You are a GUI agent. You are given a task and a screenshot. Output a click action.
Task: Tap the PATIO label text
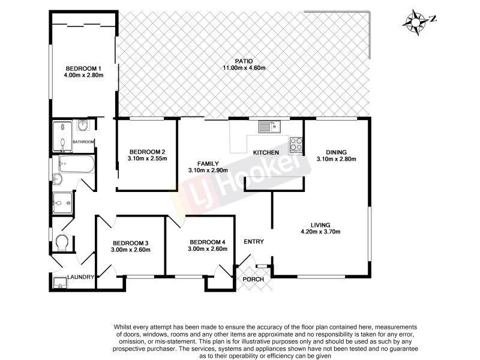(x=244, y=61)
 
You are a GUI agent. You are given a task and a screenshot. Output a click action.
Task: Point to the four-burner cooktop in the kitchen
(x=296, y=144)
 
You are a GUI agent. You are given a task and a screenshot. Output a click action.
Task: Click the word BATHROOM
(x=83, y=142)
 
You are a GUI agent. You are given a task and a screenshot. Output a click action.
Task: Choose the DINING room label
(x=336, y=152)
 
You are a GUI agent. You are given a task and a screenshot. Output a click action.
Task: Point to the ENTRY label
(x=254, y=242)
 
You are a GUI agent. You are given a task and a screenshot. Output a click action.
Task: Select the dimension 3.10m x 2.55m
(x=147, y=159)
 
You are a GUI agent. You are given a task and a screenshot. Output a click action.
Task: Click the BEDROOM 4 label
(x=207, y=242)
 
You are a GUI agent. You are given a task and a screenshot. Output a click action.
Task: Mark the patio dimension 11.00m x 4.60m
(x=244, y=68)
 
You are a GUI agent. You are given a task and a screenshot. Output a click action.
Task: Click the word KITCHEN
(x=266, y=153)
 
